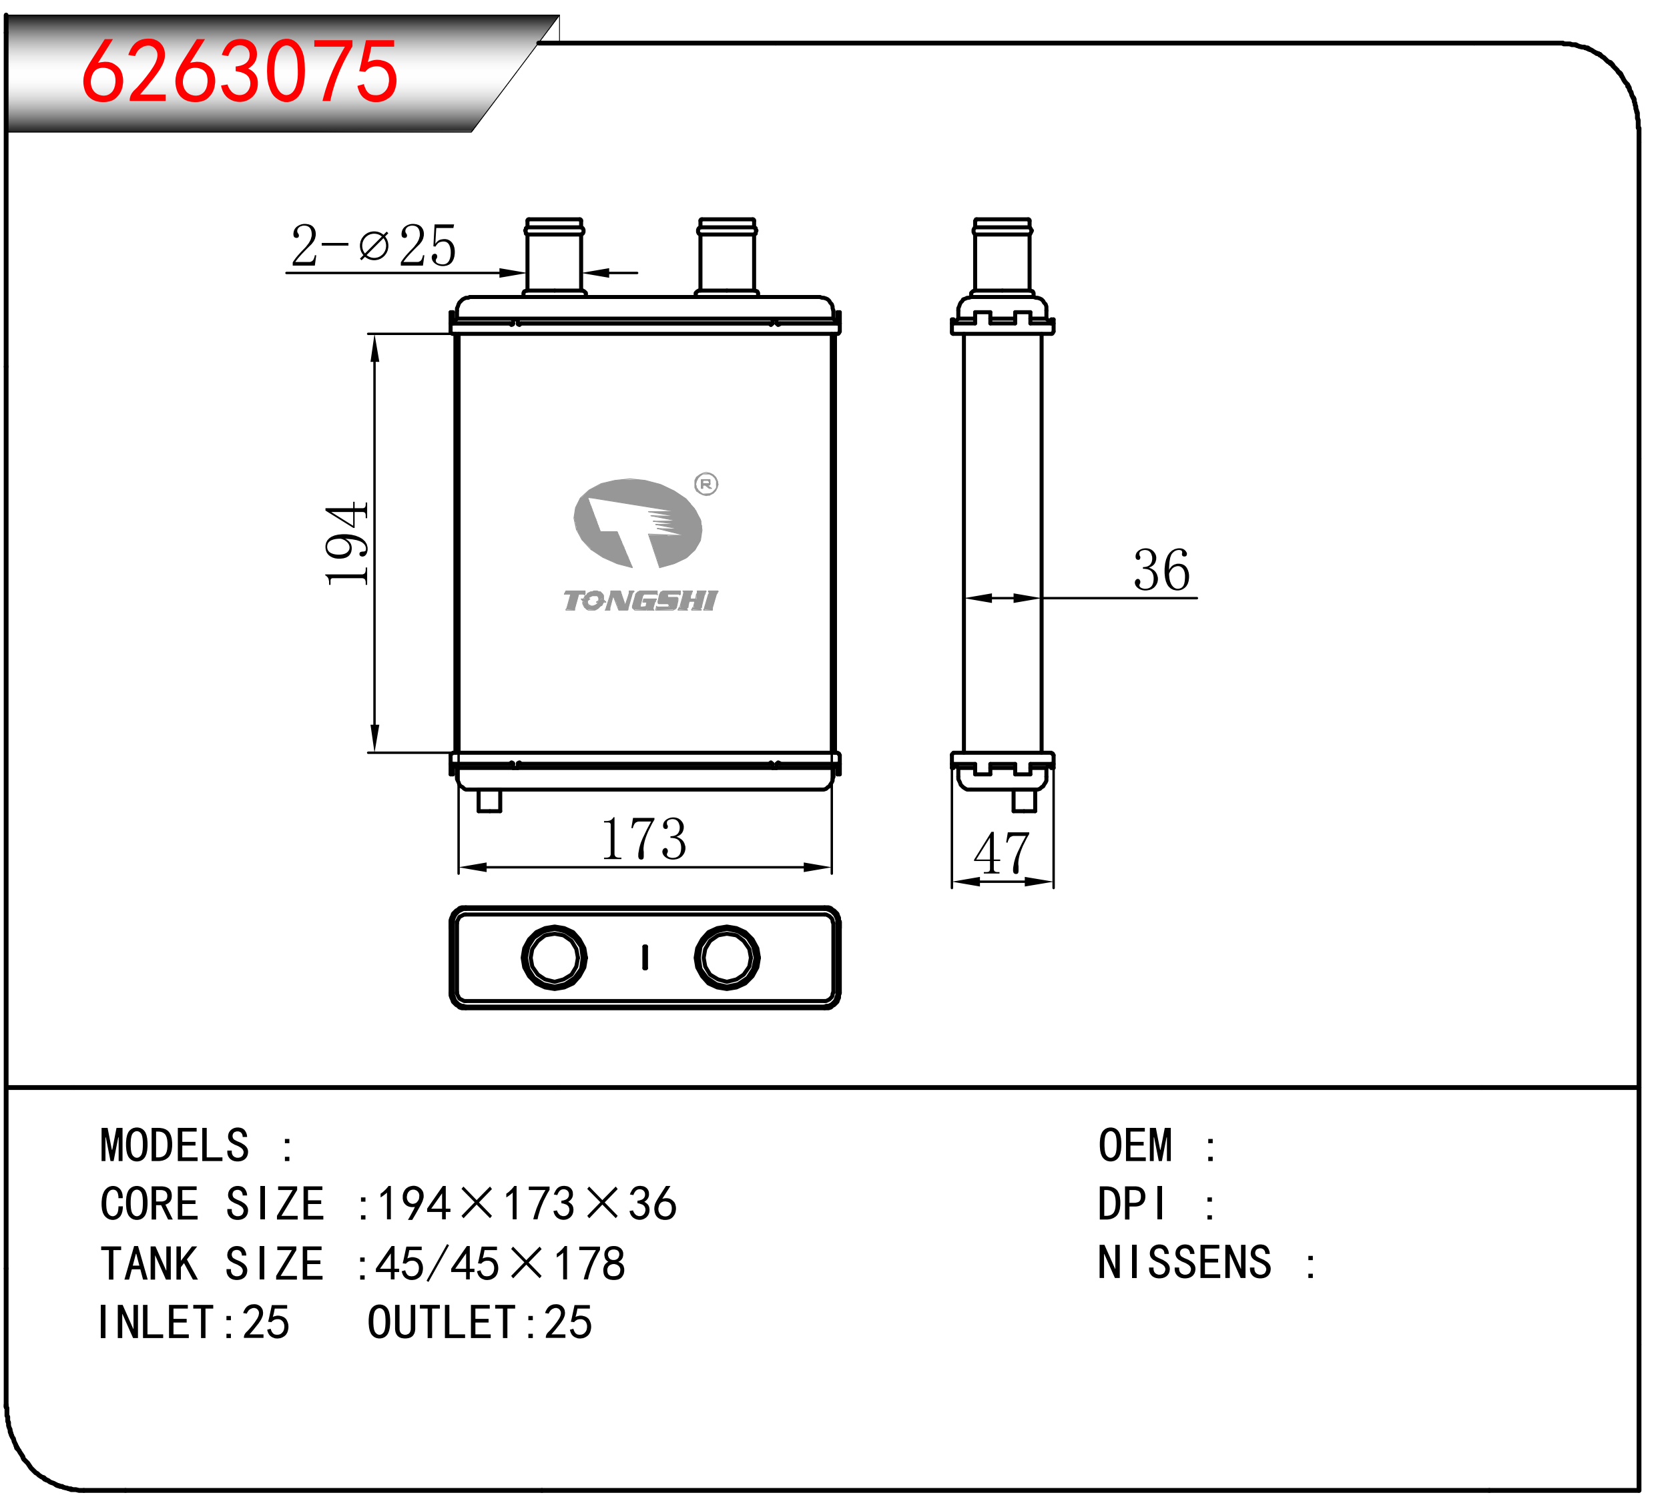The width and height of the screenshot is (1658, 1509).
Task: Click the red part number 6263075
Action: [240, 71]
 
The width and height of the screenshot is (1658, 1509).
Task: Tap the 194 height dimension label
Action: [346, 543]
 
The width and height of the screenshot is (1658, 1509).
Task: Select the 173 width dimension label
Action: [644, 839]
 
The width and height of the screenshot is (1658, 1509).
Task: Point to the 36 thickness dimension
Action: [1161, 570]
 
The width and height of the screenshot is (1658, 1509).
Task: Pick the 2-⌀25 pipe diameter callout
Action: [373, 245]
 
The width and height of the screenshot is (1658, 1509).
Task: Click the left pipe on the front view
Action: [554, 256]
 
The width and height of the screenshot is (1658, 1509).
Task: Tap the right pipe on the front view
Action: [727, 256]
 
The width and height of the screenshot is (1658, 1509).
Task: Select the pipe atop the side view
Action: [1002, 256]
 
